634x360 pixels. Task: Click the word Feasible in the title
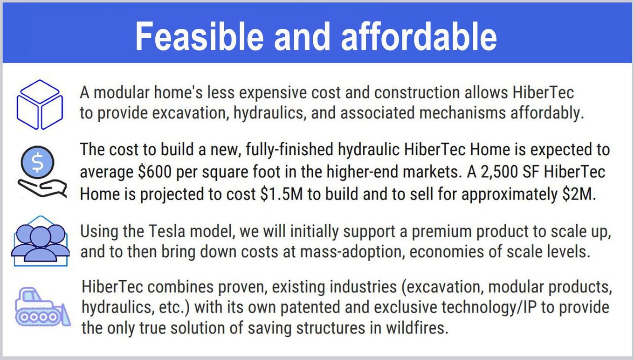pyautogui.click(x=200, y=36)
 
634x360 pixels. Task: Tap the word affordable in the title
pyautogui.click(x=419, y=36)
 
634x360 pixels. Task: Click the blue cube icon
pyautogui.click(x=40, y=104)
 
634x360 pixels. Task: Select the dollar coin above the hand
pyautogui.click(x=37, y=162)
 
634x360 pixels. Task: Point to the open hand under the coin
pyautogui.click(x=42, y=188)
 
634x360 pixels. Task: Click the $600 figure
pyautogui.click(x=155, y=172)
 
